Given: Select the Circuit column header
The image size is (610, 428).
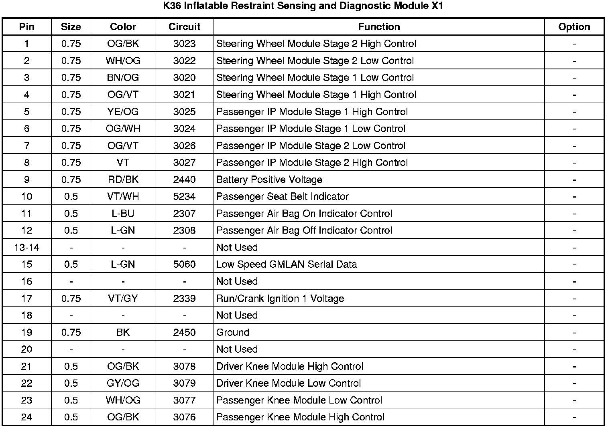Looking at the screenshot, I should [x=184, y=27].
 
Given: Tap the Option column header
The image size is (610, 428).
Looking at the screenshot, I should [x=574, y=27].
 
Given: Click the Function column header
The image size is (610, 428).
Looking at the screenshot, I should [x=379, y=27].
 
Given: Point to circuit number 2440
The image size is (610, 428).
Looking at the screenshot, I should [x=184, y=180].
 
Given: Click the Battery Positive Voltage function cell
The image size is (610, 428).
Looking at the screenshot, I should [x=269, y=180].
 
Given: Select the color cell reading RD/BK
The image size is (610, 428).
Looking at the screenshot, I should [x=123, y=180].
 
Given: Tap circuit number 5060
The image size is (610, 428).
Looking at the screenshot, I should [x=184, y=264].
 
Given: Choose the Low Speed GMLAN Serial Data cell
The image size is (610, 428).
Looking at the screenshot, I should [x=287, y=264].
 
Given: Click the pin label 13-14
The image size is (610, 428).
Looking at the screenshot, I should [x=26, y=248].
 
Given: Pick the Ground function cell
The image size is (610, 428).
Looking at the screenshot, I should [x=233, y=333].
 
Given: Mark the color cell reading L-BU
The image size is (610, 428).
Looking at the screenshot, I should [x=123, y=214].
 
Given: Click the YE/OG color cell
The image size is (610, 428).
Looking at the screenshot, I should [x=123, y=112].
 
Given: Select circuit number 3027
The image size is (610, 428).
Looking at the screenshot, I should [x=184, y=163].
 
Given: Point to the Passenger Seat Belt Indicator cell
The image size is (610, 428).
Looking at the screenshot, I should [x=283, y=197].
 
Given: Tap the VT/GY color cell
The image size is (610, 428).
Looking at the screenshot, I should [x=123, y=299].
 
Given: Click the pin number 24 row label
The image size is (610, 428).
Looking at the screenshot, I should [x=26, y=417].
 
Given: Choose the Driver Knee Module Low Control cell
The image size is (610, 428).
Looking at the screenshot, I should [x=289, y=384].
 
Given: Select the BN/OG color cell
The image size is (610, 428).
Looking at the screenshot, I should [x=123, y=78].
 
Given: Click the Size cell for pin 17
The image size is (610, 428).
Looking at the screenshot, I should [x=71, y=299].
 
